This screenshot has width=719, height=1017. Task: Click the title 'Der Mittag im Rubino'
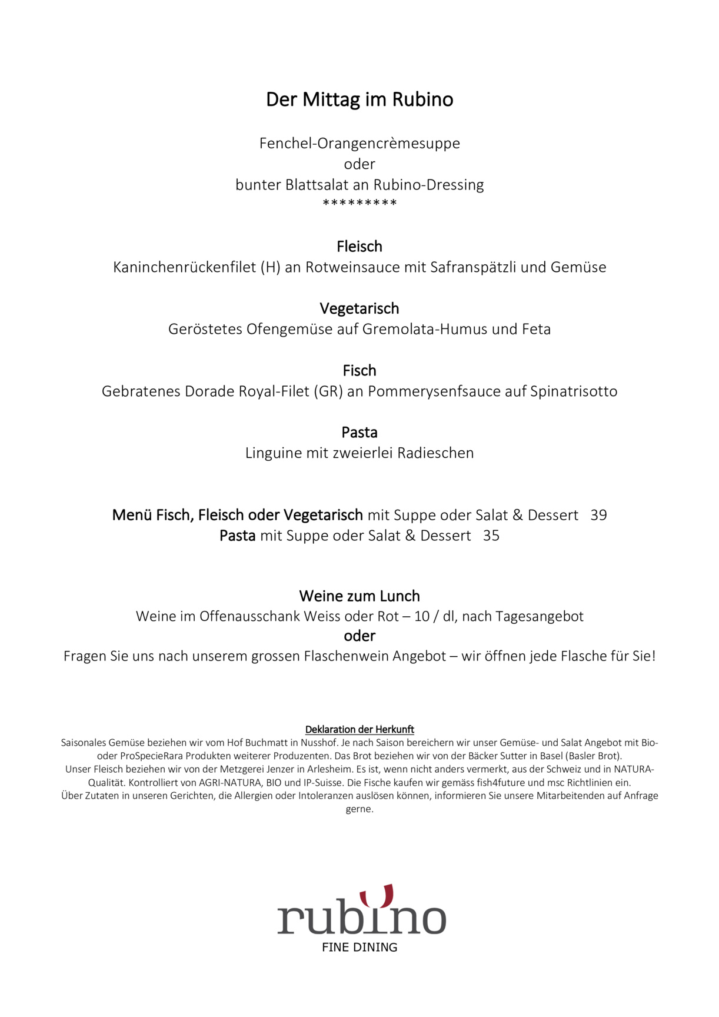point(359,99)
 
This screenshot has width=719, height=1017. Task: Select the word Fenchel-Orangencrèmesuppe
point(359,143)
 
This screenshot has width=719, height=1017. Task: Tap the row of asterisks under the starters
point(359,204)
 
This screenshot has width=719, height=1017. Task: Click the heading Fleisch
point(359,246)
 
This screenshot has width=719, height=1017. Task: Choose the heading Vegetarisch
point(359,308)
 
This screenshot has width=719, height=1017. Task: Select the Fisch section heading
point(359,370)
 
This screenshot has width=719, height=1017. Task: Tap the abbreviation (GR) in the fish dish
point(328,391)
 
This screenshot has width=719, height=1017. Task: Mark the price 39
point(598,515)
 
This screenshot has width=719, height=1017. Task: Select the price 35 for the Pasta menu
point(491,536)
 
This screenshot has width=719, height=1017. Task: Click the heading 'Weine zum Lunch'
point(359,596)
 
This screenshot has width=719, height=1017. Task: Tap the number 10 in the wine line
point(422,617)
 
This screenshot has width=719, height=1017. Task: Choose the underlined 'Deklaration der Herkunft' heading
point(359,730)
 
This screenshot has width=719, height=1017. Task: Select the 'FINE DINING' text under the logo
point(359,948)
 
